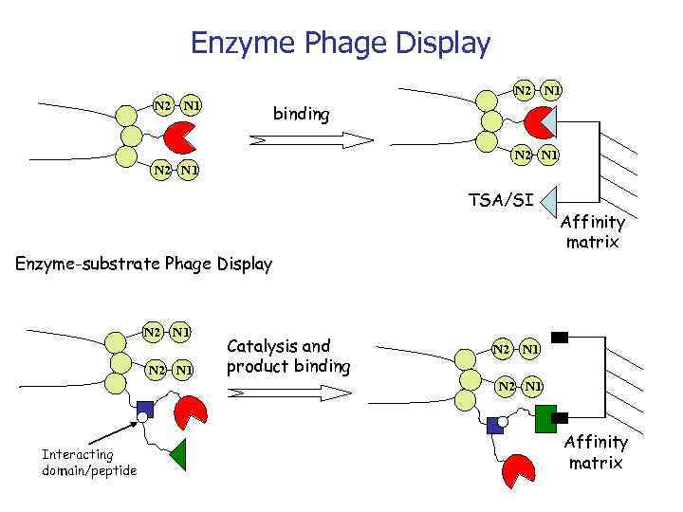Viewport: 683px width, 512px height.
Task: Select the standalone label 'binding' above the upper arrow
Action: click(301, 115)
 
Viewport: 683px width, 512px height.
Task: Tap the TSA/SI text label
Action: click(502, 199)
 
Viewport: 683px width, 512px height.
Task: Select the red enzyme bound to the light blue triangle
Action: click(538, 121)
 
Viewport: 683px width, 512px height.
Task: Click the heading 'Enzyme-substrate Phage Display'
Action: click(144, 264)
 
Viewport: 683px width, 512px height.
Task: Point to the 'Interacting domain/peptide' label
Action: click(89, 463)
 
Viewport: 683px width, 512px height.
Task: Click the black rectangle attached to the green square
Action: click(561, 417)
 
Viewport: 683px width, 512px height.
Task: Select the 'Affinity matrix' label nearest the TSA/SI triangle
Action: click(593, 232)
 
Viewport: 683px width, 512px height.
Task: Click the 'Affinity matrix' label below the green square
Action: click(597, 452)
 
